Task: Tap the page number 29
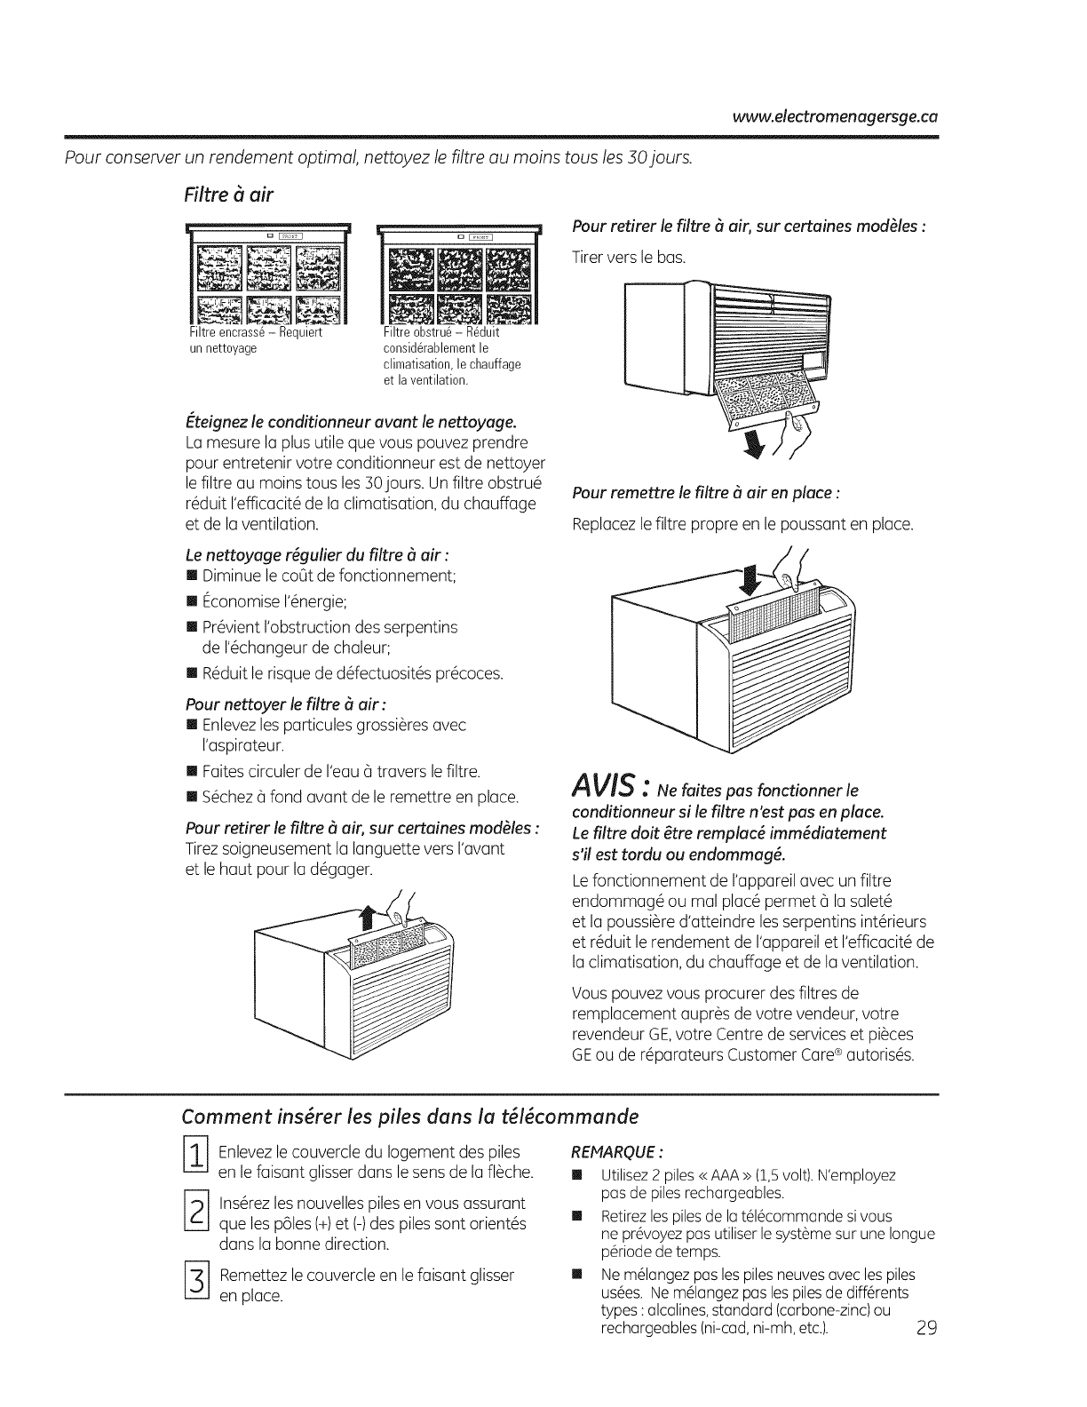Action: [x=924, y=1330]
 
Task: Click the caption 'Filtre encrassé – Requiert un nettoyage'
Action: [x=255, y=341]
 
